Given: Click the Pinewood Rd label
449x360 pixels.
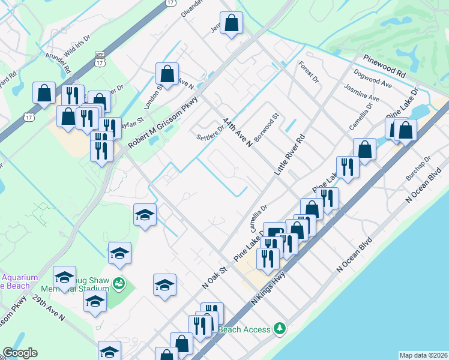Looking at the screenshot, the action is [x=385, y=66].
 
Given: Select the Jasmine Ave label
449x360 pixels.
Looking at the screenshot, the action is [x=362, y=92].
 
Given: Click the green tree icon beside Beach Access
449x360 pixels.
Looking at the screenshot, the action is [x=279, y=328].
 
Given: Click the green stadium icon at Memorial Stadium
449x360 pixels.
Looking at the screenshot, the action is [x=119, y=281].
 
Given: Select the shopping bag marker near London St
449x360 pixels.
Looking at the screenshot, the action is [x=167, y=74].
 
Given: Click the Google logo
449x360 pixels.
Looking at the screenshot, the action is [x=19, y=353].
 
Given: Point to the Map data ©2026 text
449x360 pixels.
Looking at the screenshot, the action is [x=423, y=355].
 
